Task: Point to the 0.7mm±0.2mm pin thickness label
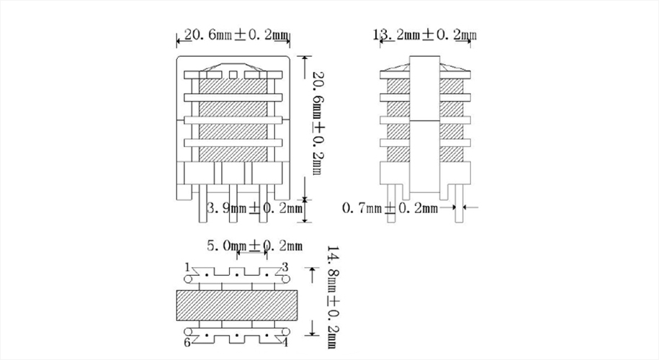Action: coord(389,209)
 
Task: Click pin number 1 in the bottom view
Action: coord(187,267)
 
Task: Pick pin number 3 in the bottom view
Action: coord(284,267)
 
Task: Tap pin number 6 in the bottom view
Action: coord(187,343)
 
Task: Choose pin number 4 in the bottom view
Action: coord(285,343)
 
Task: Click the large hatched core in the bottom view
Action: coord(236,305)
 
